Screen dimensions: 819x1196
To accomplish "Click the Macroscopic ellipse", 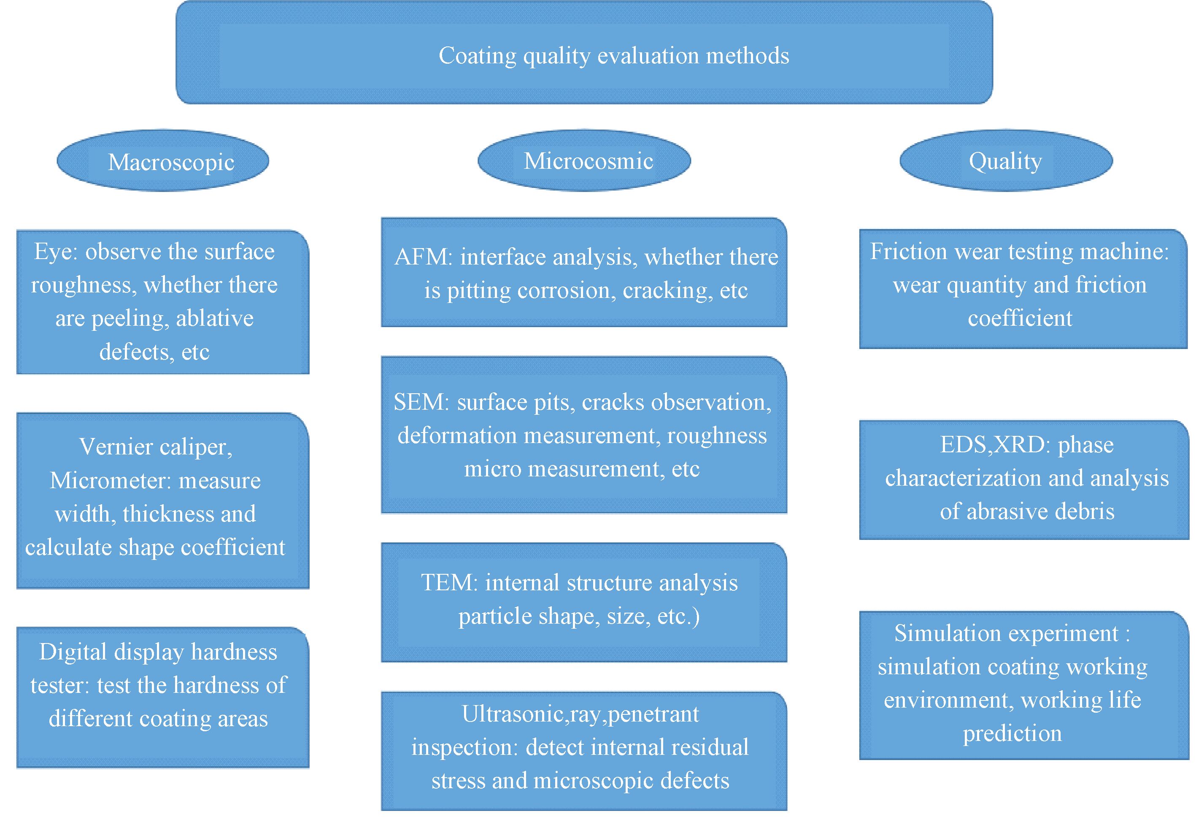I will [162, 161].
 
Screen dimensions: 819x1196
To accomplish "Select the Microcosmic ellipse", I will [584, 161].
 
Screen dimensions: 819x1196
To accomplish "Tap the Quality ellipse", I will [1006, 161].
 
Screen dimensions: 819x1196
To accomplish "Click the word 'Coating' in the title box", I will [477, 56].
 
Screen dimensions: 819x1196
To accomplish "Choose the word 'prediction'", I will [1012, 733].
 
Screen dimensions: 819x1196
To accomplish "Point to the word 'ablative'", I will [215, 319].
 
